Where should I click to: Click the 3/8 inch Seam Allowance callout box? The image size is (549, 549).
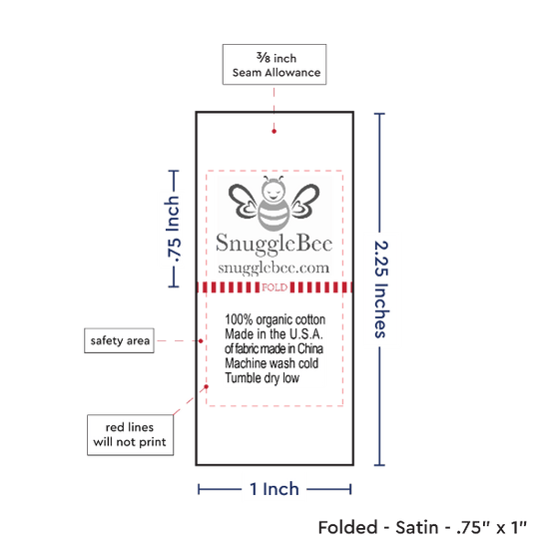click(x=274, y=65)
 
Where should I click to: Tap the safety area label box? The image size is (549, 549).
click(x=119, y=340)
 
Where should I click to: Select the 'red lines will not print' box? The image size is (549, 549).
click(x=130, y=435)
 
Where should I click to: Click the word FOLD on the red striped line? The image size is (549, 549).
click(x=274, y=287)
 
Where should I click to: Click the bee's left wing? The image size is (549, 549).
click(x=244, y=201)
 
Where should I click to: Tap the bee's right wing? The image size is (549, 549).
click(x=305, y=201)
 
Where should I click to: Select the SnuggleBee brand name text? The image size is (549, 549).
click(x=274, y=244)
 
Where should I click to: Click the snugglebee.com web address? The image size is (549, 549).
click(x=274, y=269)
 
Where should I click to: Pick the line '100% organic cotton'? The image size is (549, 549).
click(x=274, y=319)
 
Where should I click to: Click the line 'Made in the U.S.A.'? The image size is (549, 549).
click(x=274, y=334)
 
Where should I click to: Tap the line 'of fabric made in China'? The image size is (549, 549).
click(x=274, y=348)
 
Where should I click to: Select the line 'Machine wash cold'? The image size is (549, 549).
click(x=272, y=363)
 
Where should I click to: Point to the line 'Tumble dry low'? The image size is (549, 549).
click(x=263, y=378)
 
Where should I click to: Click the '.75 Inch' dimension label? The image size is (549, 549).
click(x=174, y=230)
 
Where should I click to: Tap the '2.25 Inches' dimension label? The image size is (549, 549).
click(x=381, y=289)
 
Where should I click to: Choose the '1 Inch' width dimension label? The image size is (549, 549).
click(x=274, y=489)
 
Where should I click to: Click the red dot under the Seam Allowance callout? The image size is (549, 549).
click(x=274, y=132)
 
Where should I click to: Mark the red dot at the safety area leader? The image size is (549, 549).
click(x=201, y=341)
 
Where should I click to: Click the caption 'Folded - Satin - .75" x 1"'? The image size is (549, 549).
click(x=422, y=527)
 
